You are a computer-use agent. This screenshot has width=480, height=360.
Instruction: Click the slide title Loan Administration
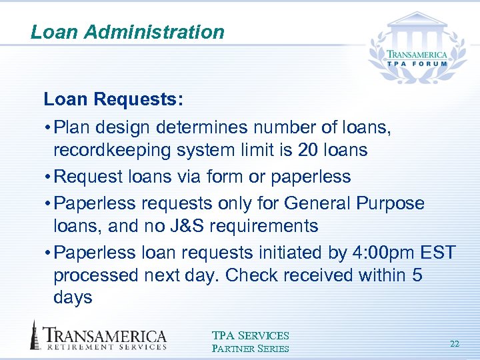click(x=127, y=32)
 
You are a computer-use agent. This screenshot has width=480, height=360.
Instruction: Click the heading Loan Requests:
click(x=113, y=100)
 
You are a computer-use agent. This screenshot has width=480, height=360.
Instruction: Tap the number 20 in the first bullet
click(x=308, y=150)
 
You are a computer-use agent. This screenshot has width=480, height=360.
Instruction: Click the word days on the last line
click(x=73, y=298)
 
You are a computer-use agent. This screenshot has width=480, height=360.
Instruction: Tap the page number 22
click(x=455, y=344)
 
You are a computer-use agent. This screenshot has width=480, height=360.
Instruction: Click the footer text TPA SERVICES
click(x=250, y=336)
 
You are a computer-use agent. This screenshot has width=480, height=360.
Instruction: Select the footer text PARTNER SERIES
click(x=250, y=348)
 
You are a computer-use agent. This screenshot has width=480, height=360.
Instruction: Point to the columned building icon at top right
click(x=417, y=27)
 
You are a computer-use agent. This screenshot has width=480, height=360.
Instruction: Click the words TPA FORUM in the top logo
click(x=418, y=65)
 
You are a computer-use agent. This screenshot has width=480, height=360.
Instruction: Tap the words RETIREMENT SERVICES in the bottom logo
click(x=105, y=347)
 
